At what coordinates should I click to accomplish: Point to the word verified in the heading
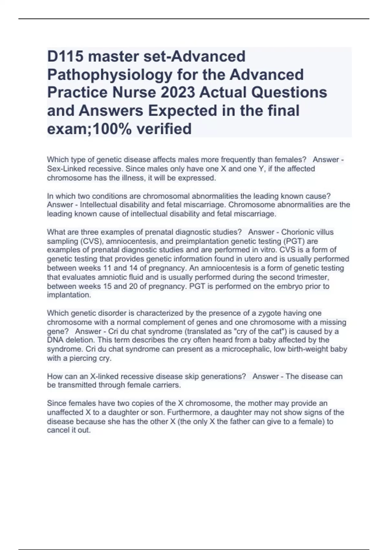(x=164, y=129)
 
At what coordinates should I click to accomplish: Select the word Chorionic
(x=296, y=232)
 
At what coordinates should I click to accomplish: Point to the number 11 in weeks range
(x=107, y=268)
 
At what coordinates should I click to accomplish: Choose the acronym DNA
(x=55, y=340)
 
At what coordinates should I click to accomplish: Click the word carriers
(x=167, y=385)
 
